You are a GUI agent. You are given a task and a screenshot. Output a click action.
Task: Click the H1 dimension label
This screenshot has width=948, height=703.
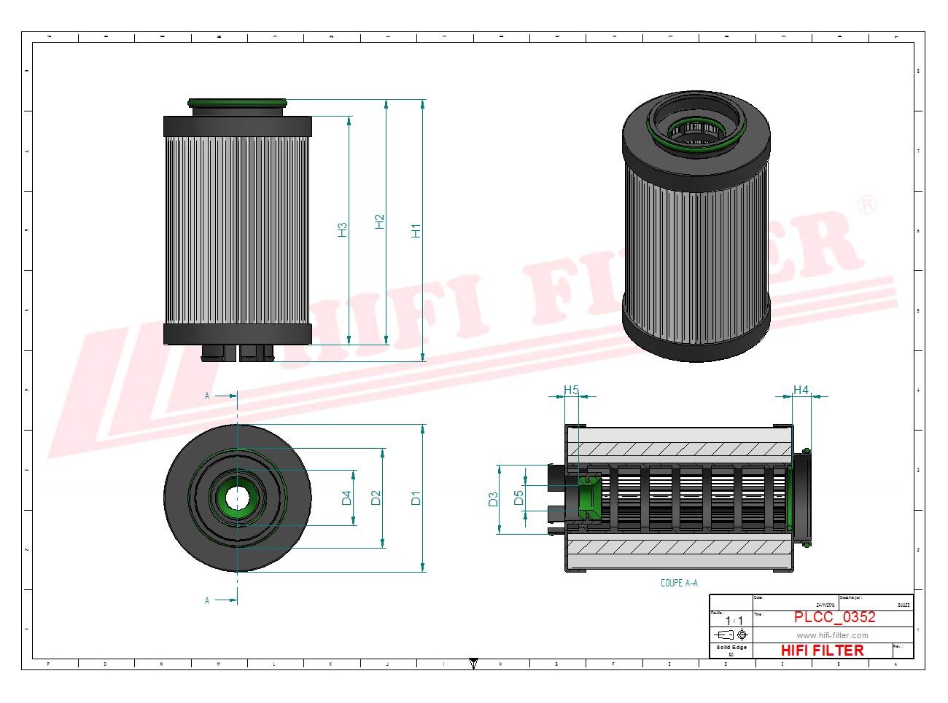416,231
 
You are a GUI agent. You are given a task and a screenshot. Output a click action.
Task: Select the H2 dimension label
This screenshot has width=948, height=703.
379,222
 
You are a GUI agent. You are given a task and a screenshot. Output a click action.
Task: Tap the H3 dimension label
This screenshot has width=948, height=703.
342,229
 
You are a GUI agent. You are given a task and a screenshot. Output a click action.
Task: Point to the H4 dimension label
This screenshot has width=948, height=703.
801,390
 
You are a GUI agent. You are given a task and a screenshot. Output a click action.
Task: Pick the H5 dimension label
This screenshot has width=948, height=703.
571,390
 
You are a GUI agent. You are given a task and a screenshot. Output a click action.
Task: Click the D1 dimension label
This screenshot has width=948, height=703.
416,498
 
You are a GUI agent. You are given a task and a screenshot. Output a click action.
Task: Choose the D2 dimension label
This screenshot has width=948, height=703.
376,498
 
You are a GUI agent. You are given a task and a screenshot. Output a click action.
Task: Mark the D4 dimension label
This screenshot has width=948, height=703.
346,498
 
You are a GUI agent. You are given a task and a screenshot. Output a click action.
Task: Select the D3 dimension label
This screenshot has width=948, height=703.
493,500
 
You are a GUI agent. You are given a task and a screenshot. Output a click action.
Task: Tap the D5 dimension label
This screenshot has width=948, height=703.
518,498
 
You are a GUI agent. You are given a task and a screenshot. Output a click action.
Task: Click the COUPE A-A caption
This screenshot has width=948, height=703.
679,583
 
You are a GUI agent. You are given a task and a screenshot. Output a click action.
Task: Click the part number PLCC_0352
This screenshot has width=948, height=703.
834,617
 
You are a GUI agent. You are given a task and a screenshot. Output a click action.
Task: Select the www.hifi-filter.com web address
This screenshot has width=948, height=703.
832,635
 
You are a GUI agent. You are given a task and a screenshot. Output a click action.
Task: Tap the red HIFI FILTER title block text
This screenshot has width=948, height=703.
822,651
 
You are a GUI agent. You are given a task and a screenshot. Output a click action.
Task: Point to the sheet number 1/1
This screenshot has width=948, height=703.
734,621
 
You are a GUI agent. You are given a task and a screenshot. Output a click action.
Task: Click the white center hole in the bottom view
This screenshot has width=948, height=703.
237,498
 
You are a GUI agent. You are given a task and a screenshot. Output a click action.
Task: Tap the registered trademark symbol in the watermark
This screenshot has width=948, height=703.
866,205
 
